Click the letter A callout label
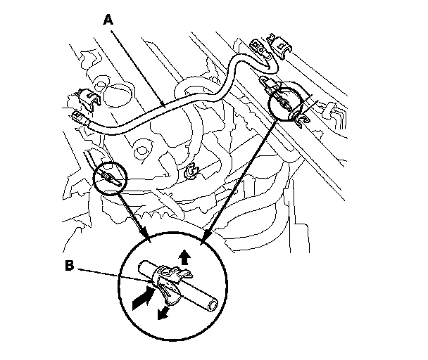coord(108,20)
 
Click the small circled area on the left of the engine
coord(109,179)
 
